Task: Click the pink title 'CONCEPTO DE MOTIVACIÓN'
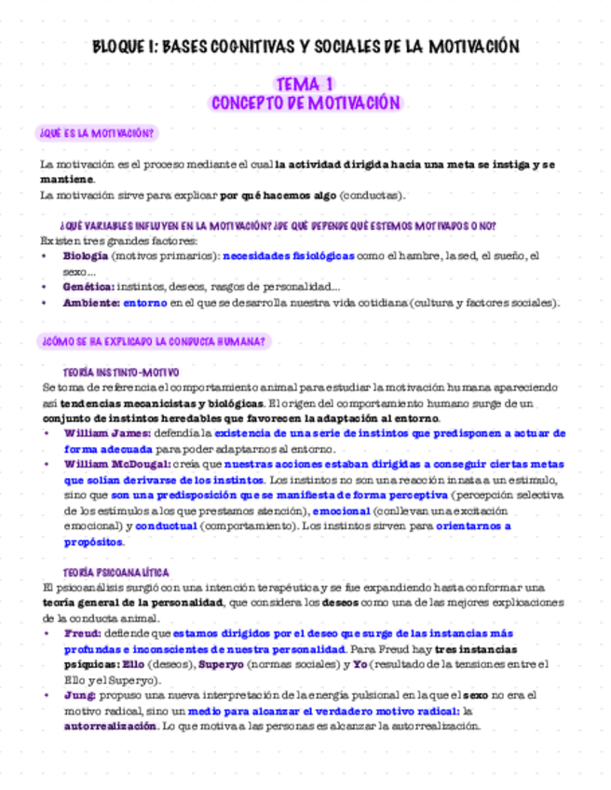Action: pyautogui.click(x=306, y=102)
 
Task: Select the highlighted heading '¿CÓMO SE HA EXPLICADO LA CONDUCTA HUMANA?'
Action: pyautogui.click(x=152, y=342)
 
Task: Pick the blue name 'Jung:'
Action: pyautogui.click(x=80, y=695)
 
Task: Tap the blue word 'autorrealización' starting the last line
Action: pyautogui.click(x=106, y=725)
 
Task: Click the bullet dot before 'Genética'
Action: pyautogui.click(x=48, y=287)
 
